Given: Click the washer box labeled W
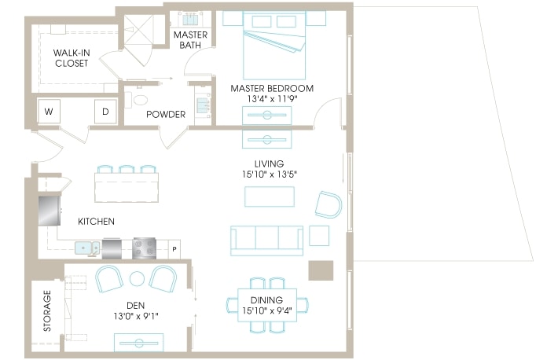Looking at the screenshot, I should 49,112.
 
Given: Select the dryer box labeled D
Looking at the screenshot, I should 105,112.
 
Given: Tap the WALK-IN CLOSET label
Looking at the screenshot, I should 72,58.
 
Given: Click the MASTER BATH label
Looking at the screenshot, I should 190,40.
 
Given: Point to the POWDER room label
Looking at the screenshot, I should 166,115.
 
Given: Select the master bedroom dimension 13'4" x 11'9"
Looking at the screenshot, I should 271,99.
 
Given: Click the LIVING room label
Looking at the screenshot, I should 268,163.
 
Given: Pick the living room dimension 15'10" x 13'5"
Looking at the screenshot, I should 268,174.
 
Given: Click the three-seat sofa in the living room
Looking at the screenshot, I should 266,240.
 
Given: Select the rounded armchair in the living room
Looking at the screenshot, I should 329,204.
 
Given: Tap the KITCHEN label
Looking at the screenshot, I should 96,222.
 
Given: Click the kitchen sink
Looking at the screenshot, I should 86,249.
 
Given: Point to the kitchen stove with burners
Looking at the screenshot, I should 145,248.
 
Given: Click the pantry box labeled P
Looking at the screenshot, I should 174,251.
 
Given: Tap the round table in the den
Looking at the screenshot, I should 137,278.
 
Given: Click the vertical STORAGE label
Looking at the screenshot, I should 48,311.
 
